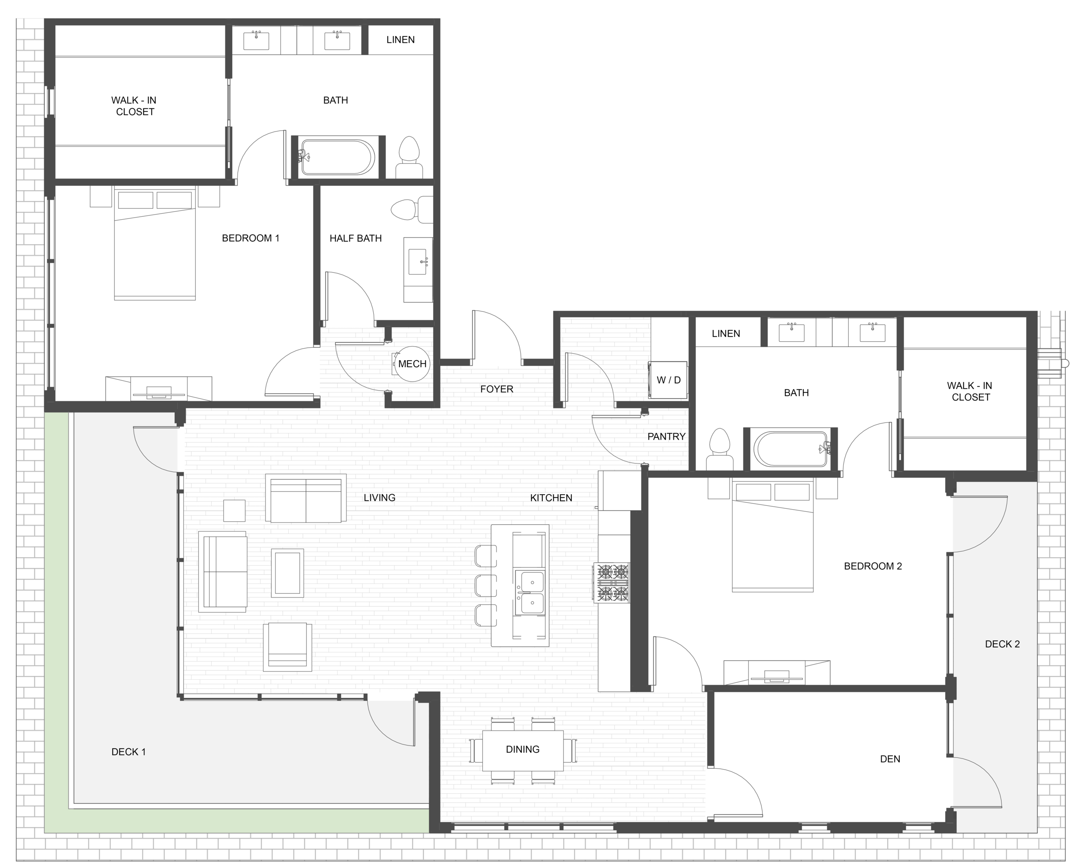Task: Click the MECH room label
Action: click(x=412, y=364)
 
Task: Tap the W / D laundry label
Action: click(x=668, y=380)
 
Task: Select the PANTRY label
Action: click(x=666, y=436)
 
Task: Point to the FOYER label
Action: click(x=497, y=389)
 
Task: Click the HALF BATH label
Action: click(x=356, y=239)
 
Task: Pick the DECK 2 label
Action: click(x=1002, y=644)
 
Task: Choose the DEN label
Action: click(x=890, y=759)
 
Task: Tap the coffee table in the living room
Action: click(x=287, y=573)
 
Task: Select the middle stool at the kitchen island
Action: click(x=486, y=585)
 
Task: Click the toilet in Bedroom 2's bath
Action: click(x=719, y=449)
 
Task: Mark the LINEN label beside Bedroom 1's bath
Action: click(x=400, y=40)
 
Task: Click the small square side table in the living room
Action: click(x=234, y=511)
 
